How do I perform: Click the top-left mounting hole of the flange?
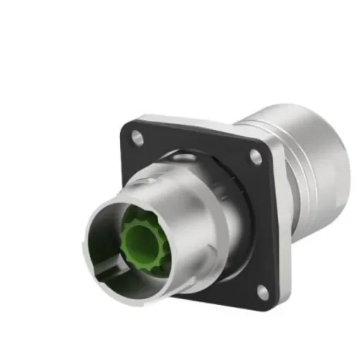tap(138, 138)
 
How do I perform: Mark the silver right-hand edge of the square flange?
tap(283, 226)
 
